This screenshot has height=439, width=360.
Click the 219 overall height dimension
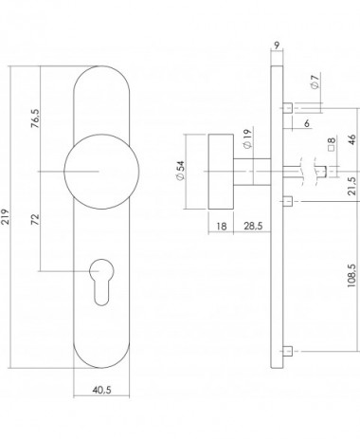point(6,217)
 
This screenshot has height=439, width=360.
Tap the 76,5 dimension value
point(35,119)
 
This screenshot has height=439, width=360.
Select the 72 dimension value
point(35,219)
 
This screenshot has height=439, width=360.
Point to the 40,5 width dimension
point(101,390)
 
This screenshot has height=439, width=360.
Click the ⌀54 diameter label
point(181,171)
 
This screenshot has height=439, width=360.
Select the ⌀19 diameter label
point(247,138)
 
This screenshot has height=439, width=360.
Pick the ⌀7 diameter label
point(315,81)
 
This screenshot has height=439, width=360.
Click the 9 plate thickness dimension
point(277,46)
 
